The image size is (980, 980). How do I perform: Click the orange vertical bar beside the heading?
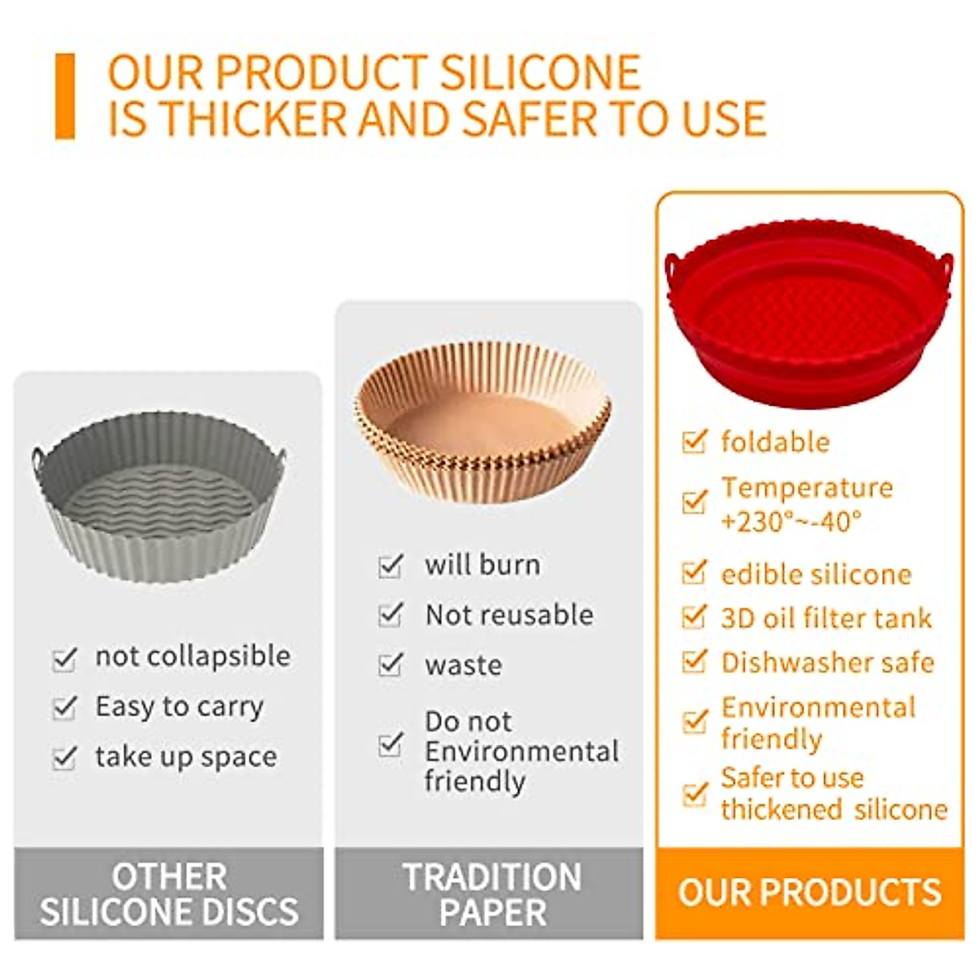pos(65,96)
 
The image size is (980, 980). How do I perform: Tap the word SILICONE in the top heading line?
pos(540,73)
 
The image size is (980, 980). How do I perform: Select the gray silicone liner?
pos(158,497)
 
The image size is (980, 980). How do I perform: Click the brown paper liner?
pos(483,422)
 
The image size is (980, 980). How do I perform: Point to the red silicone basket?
pos(808,314)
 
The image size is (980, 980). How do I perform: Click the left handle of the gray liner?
pos(37,461)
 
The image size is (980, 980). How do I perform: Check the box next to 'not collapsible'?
pos(65,659)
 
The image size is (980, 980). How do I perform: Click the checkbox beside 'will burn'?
pos(390,566)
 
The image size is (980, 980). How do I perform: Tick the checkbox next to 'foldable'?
pos(693,441)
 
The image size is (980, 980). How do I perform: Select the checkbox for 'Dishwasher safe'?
pos(693,662)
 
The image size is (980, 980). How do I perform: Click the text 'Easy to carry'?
pos(180,707)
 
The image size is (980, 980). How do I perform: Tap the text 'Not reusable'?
pos(510,616)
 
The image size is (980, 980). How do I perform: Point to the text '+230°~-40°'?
pos(791,521)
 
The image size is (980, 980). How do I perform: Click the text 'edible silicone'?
pos(816,575)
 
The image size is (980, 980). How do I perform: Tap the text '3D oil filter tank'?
pos(826,619)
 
